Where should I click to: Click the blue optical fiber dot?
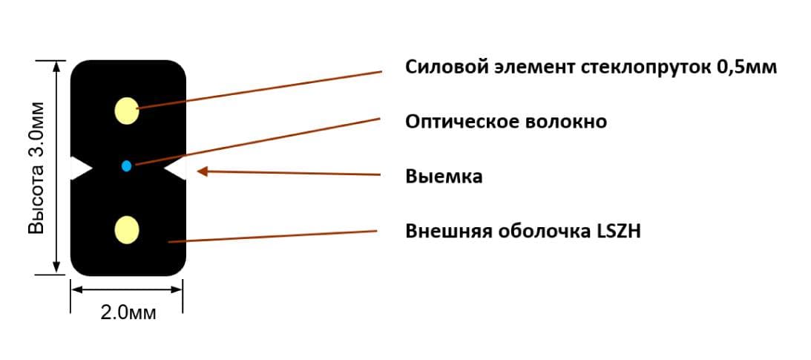[127, 166]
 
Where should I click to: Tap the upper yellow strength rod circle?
[127, 110]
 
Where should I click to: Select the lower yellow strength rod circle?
[127, 229]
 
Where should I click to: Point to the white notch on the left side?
[81, 168]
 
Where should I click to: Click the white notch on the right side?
[175, 168]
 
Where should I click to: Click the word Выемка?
[444, 177]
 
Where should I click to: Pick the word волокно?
[566, 122]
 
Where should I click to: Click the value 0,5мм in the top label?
[747, 68]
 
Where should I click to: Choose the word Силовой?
[442, 68]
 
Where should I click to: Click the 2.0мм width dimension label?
[128, 313]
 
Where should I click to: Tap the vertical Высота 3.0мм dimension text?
[36, 168]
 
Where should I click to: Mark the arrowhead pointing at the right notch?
[203, 171]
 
